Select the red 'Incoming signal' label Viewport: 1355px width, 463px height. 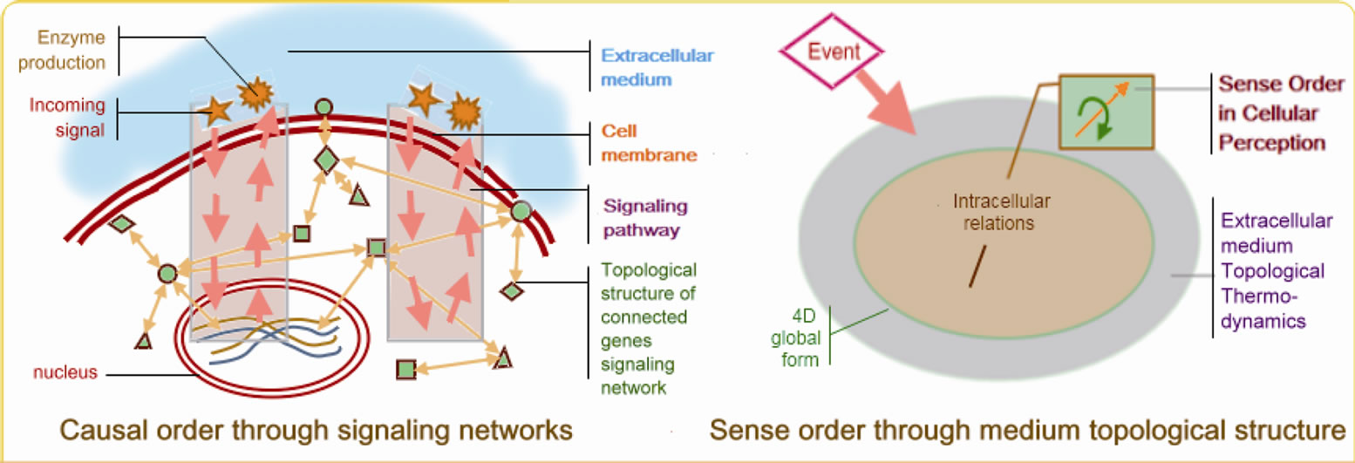pyautogui.click(x=67, y=118)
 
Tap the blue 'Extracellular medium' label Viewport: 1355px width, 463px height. pyautogui.click(x=637, y=66)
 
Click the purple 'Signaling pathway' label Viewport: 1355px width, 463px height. pyautogui.click(x=642, y=220)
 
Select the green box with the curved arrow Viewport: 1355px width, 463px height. pyautogui.click(x=1106, y=111)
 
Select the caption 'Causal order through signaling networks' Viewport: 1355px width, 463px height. pyautogui.click(x=316, y=430)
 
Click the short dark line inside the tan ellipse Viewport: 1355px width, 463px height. pyautogui.click(x=976, y=268)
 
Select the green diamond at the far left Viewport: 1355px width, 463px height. pyautogui.click(x=121, y=223)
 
